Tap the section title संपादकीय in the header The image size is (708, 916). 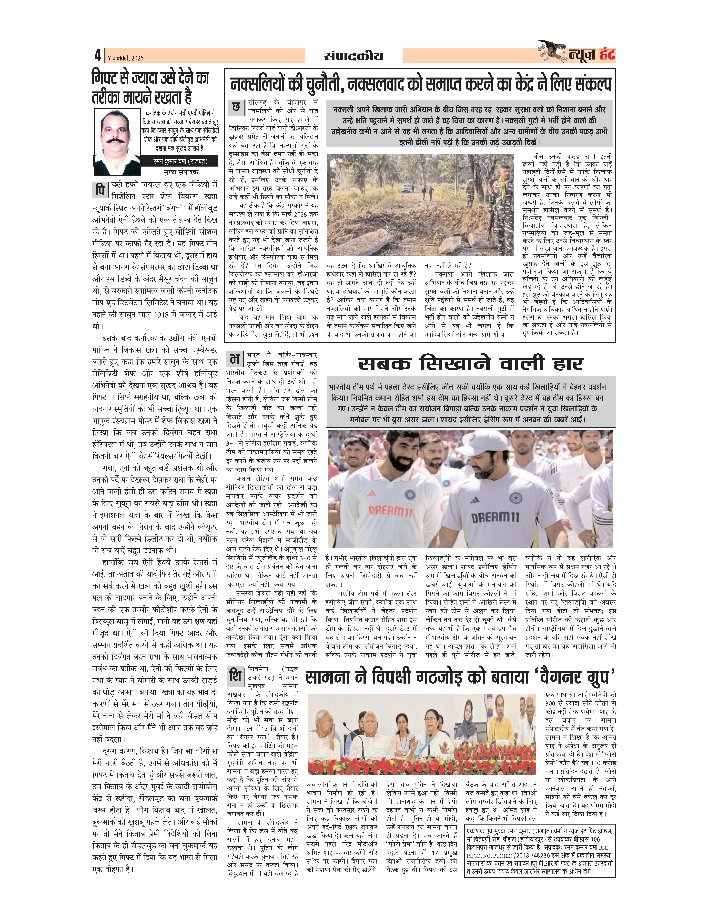(354, 56)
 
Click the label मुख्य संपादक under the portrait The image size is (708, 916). (181, 172)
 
